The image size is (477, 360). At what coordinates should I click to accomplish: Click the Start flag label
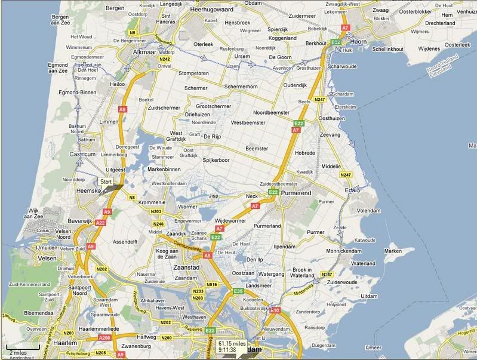106,181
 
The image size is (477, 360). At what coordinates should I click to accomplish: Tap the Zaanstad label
185,267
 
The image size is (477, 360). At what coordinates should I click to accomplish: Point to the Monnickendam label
347,251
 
